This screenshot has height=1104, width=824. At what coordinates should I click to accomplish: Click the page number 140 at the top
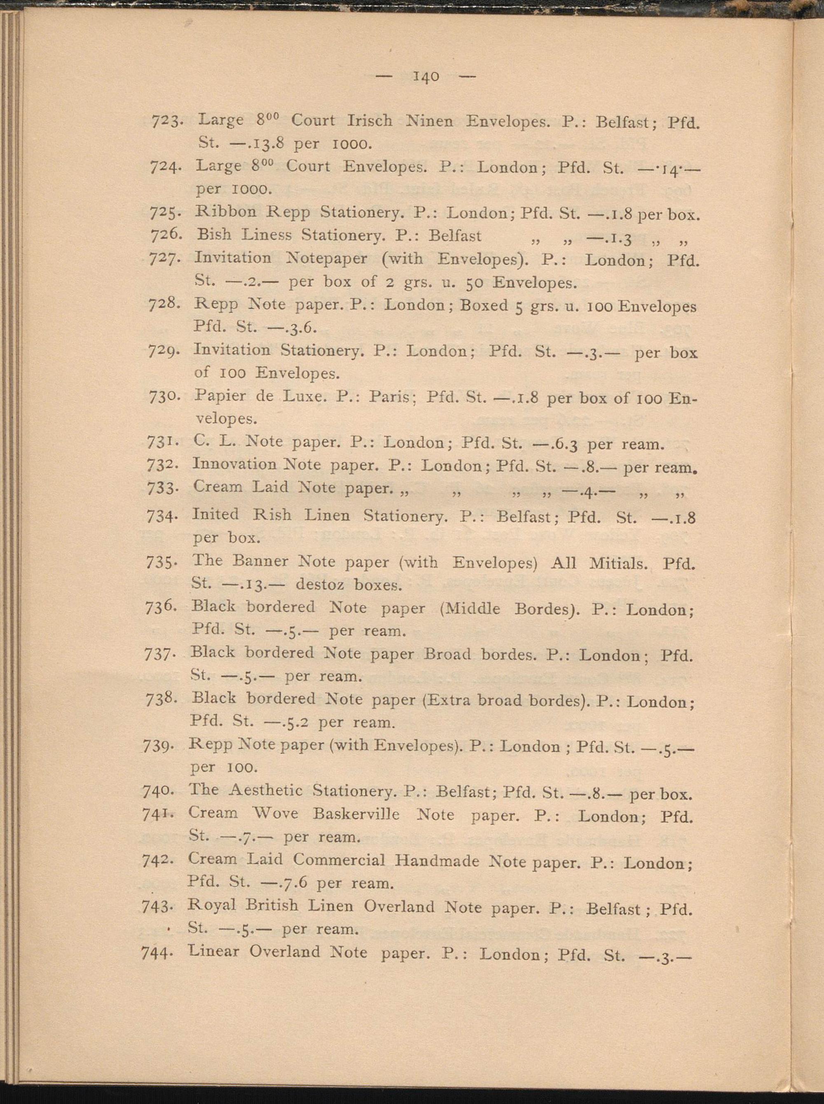426,77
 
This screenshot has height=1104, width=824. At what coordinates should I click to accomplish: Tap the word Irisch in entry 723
369,121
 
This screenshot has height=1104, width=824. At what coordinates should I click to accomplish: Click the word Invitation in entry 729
232,350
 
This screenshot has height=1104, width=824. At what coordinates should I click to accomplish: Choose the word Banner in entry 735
260,561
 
